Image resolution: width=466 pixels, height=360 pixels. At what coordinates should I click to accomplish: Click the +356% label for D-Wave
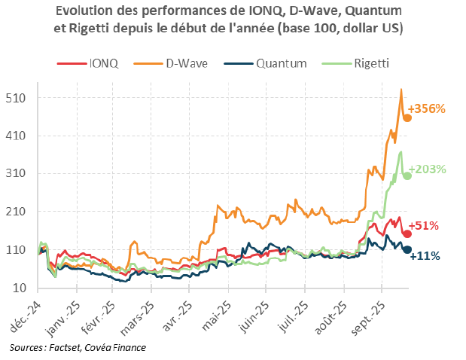(428, 108)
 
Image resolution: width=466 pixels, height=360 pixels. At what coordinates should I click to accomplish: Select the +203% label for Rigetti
(428, 169)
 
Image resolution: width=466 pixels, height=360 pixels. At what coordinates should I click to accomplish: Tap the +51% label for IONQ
(424, 225)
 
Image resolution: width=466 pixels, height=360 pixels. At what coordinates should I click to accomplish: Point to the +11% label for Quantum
(425, 256)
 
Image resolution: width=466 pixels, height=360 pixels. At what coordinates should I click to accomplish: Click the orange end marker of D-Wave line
(407, 118)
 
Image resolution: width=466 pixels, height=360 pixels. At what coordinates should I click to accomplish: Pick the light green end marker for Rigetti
(407, 175)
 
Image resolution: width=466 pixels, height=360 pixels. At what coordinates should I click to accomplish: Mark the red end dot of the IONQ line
(407, 233)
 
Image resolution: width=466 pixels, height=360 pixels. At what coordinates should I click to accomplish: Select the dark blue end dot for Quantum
(407, 249)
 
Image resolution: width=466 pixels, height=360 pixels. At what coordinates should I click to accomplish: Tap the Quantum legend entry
(279, 63)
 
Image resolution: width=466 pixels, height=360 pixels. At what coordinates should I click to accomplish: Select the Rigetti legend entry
(371, 63)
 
